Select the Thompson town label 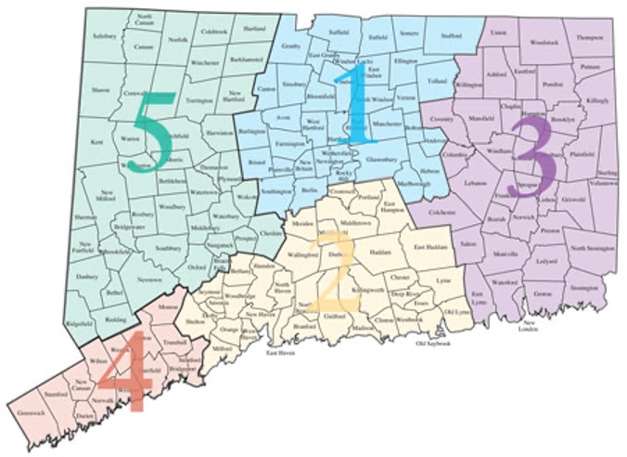[589, 38]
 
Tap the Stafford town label [452, 37]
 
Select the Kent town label [96, 142]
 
